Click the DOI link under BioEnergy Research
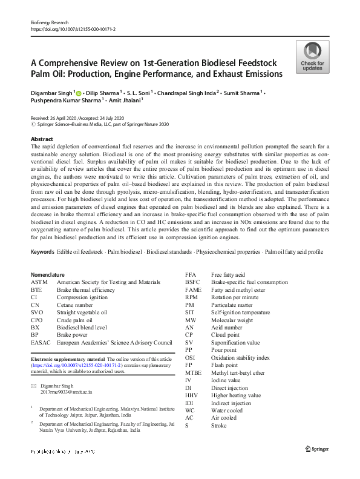(x=73, y=28)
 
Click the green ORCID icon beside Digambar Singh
(x=78, y=93)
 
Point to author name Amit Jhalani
(x=126, y=101)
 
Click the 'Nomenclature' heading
(x=48, y=274)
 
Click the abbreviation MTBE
(x=194, y=373)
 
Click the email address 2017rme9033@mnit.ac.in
(x=68, y=393)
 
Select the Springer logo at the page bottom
(x=318, y=449)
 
